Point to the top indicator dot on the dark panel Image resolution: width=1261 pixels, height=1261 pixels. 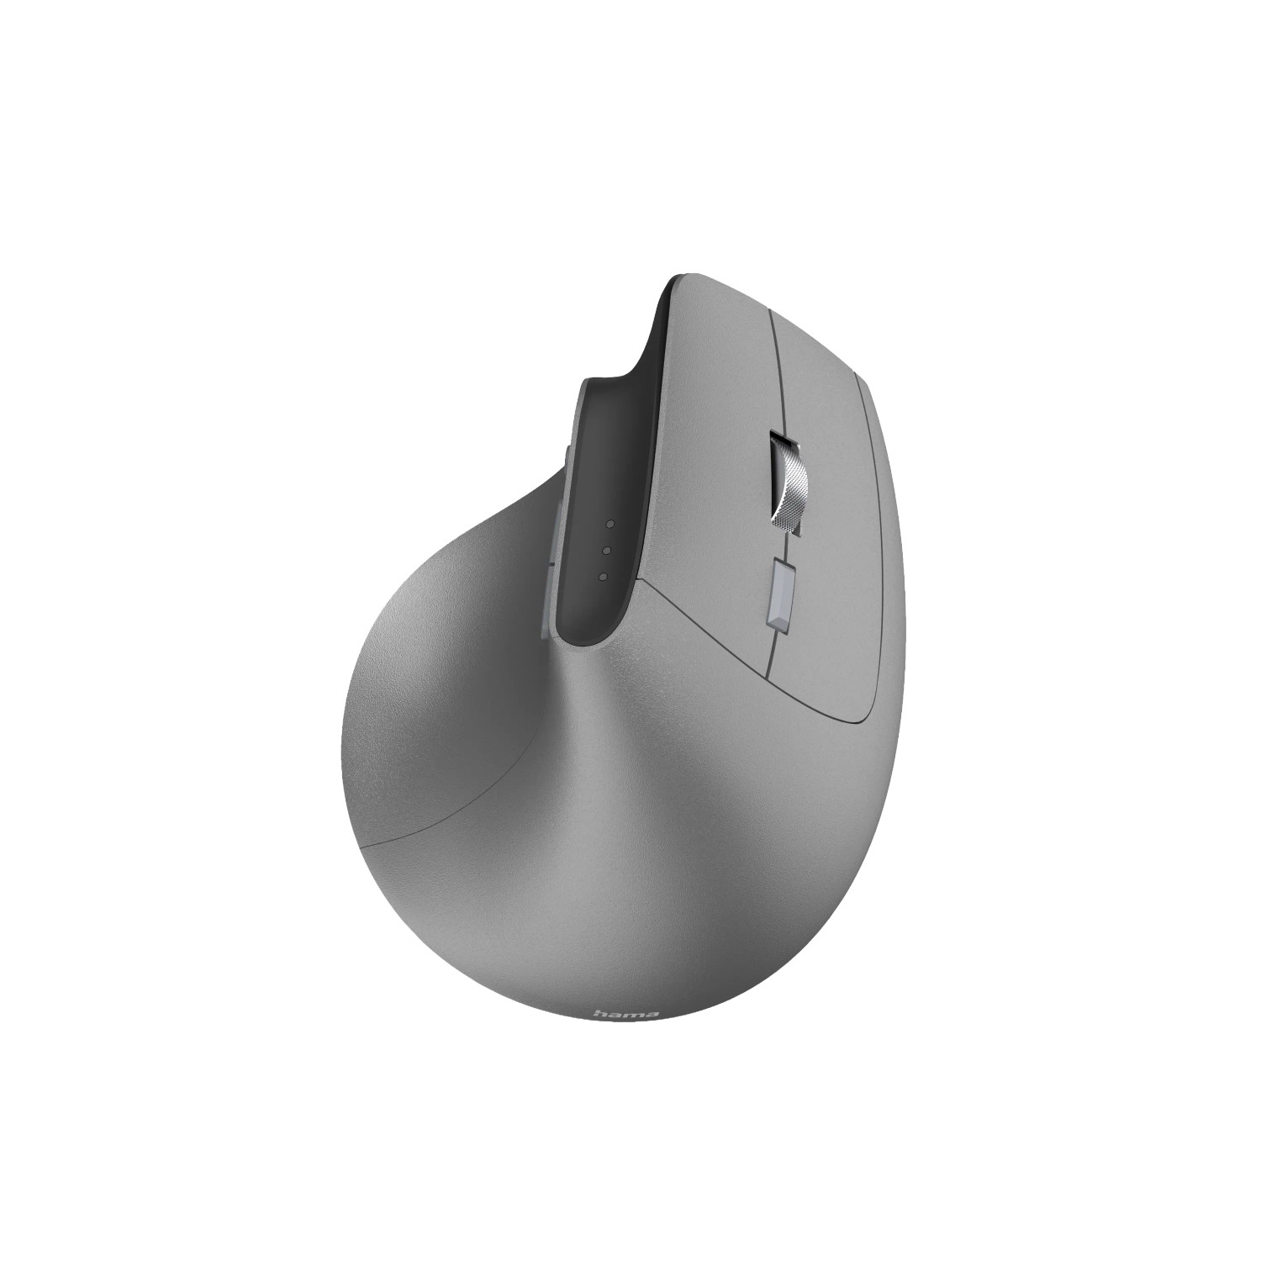coord(610,524)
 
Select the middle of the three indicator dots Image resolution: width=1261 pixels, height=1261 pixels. coord(606,551)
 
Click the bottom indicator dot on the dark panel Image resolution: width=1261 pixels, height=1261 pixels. coord(603,577)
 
